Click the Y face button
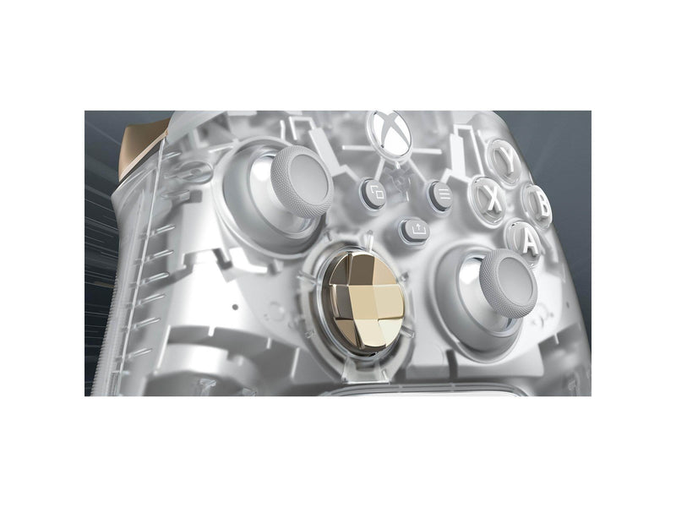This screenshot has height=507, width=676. pyautogui.click(x=504, y=160)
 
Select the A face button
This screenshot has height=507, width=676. pyautogui.click(x=524, y=241)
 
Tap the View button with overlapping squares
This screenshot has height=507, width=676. pyautogui.click(x=374, y=194)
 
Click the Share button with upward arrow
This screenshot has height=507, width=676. pyautogui.click(x=416, y=232)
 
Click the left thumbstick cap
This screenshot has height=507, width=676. pyautogui.click(x=303, y=182)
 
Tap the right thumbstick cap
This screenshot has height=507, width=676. pyautogui.click(x=509, y=283)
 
